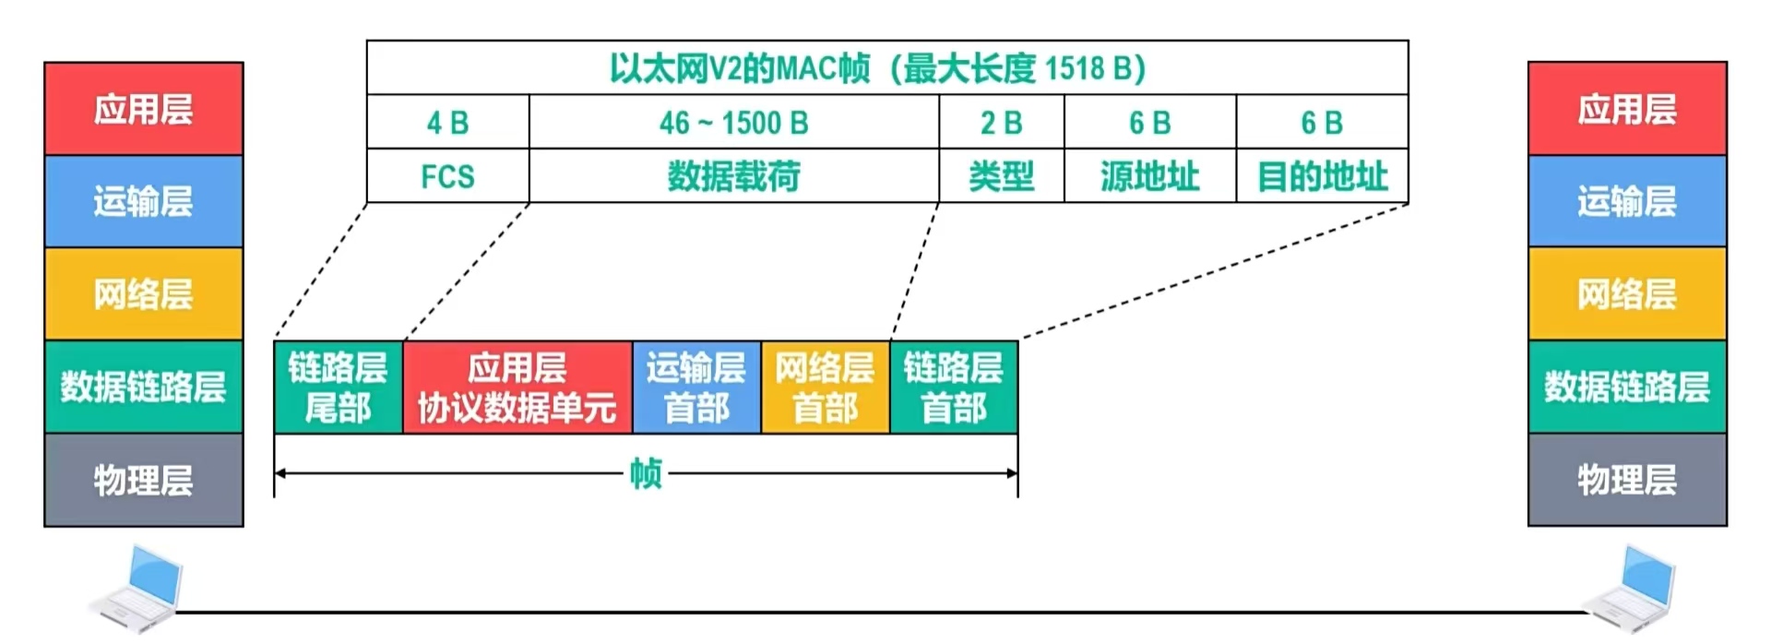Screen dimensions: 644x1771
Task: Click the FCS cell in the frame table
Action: point(447,176)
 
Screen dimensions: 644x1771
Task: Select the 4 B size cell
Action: point(447,122)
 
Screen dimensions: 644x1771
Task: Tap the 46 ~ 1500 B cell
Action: point(733,122)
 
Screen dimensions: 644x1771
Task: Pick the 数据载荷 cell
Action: point(733,176)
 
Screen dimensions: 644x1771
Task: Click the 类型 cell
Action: point(1001,176)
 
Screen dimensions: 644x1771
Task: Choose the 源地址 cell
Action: point(1149,176)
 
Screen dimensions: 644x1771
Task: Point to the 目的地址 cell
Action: point(1322,176)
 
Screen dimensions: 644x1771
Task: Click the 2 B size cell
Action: point(1001,122)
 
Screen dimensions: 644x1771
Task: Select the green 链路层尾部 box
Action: point(338,388)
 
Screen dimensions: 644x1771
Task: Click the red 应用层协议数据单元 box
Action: point(517,388)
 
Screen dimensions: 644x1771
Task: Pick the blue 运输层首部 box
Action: point(696,388)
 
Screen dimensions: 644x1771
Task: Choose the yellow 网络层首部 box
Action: point(825,388)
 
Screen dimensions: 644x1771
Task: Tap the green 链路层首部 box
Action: point(953,388)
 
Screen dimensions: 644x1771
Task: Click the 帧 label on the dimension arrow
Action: point(646,474)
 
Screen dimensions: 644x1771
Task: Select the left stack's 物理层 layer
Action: point(143,480)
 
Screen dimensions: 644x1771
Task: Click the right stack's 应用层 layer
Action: point(1627,109)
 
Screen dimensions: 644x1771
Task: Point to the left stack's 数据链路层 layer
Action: point(143,387)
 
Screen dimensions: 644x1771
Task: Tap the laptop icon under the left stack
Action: point(138,589)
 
